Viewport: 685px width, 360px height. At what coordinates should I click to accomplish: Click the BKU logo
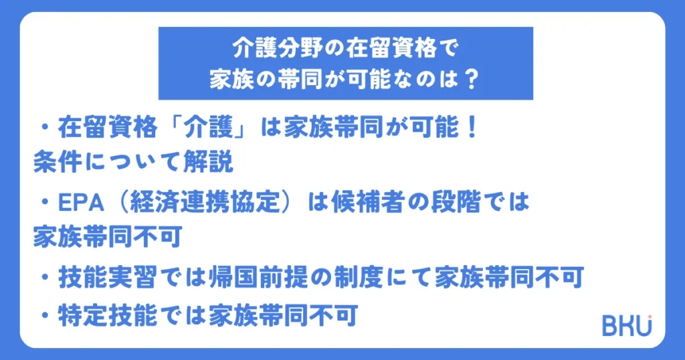(627, 325)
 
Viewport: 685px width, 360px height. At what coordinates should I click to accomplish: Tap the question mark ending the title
(471, 80)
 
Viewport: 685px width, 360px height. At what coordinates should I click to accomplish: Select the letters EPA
(81, 203)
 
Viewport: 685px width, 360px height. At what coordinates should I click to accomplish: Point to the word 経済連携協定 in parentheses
(205, 202)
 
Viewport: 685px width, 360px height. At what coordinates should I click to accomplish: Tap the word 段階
(456, 202)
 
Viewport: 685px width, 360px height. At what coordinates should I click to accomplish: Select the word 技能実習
(108, 278)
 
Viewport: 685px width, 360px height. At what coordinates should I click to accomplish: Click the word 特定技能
(108, 315)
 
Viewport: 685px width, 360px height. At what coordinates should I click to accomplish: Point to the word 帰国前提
(259, 278)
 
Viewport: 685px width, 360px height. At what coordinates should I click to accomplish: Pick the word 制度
(359, 278)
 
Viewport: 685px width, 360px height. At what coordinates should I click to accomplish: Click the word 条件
(58, 162)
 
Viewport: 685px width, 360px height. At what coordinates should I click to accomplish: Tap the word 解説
(208, 162)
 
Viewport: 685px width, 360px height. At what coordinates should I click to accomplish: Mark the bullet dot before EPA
(45, 202)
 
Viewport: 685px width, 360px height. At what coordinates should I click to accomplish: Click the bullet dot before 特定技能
(45, 315)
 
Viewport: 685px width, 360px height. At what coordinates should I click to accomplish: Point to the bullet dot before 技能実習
(45, 278)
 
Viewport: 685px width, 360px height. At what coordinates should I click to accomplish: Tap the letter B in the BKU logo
(609, 326)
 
